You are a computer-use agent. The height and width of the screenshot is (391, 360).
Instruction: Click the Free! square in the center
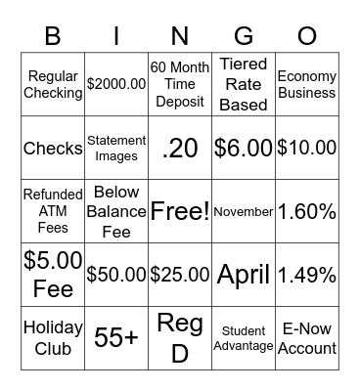[x=180, y=211]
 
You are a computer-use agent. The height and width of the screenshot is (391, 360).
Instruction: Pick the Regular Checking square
[x=53, y=84]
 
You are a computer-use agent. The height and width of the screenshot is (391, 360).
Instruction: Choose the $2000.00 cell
[x=116, y=84]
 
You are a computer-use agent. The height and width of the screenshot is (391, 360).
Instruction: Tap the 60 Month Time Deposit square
[x=180, y=84]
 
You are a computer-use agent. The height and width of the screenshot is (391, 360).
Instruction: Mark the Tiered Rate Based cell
[x=243, y=84]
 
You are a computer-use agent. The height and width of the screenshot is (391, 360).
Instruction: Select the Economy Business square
[x=306, y=84]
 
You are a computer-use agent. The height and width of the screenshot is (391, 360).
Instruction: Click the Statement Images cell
[x=116, y=149]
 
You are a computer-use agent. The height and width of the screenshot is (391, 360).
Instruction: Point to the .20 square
[x=180, y=149]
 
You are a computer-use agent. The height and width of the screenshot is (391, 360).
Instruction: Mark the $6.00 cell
[x=243, y=149]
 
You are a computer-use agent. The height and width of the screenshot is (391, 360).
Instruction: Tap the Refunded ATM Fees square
[x=53, y=211]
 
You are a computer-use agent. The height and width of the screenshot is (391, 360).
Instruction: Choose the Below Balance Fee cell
[x=116, y=211]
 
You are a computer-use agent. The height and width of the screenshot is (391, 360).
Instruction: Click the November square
[x=243, y=211]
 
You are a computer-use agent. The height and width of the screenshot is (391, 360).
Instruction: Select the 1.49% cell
[x=306, y=275]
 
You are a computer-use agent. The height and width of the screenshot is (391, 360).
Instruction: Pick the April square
[x=243, y=275]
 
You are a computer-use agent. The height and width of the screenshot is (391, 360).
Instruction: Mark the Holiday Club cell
[x=53, y=338]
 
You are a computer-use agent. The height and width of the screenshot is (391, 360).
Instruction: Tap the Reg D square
[x=180, y=338]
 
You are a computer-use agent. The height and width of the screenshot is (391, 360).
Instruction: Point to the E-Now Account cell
[x=306, y=338]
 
